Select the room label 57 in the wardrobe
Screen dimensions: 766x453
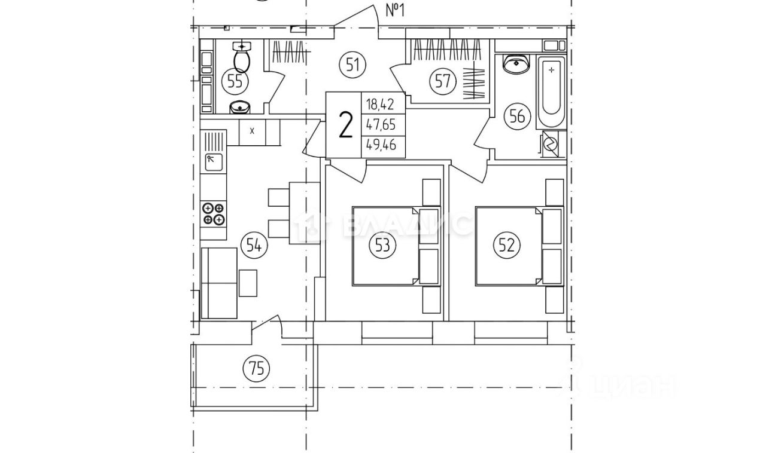[442, 80]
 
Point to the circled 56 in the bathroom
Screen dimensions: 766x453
[518, 116]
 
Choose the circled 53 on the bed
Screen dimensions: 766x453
[383, 245]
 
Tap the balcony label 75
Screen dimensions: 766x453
[256, 369]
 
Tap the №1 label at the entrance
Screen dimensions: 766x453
[394, 11]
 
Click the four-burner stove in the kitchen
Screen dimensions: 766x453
[214, 213]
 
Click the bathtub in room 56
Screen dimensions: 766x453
[551, 93]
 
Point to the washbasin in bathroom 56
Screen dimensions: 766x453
[516, 64]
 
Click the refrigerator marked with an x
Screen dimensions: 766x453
[253, 131]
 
